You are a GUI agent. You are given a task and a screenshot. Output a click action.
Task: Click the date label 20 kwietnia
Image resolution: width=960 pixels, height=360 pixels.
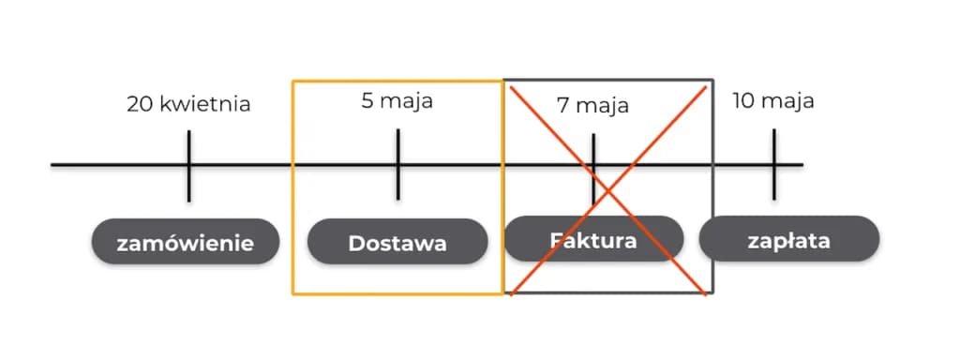point(188,104)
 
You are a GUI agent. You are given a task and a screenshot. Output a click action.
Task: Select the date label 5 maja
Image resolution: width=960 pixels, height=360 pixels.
point(397,100)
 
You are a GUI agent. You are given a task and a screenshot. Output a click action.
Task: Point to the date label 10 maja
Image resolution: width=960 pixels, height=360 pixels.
point(772,100)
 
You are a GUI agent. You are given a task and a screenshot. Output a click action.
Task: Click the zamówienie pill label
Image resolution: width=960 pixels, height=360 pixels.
point(185,244)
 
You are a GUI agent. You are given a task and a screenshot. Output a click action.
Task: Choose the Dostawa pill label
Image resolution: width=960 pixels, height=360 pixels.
point(397,244)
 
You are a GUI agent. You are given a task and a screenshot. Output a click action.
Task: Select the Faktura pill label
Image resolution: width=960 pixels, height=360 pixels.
point(592,239)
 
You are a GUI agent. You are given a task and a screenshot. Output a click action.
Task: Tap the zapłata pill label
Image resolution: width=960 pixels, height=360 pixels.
point(788,240)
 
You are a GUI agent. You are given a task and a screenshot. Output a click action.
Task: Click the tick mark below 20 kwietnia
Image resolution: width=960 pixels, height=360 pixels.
point(188,165)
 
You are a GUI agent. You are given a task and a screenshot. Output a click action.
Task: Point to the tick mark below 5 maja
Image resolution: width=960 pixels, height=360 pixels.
point(397,165)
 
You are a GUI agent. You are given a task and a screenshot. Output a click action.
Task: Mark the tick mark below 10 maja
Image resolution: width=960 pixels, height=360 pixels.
point(774,165)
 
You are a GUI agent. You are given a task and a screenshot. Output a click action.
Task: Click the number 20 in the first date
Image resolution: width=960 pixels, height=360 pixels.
point(140,104)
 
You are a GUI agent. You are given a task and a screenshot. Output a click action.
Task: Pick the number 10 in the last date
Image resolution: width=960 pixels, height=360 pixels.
point(743,100)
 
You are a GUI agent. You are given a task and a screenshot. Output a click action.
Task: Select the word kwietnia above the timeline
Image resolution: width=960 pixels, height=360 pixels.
point(204,104)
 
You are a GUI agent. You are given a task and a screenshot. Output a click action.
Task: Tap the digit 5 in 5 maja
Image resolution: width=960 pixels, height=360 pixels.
point(367,100)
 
